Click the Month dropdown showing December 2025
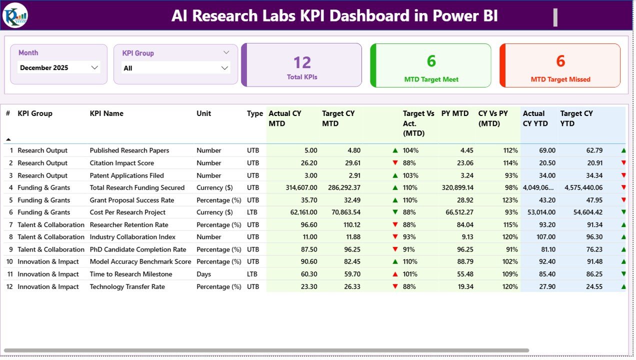[x=58, y=67]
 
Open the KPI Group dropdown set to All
[x=175, y=68]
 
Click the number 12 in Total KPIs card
[x=302, y=62]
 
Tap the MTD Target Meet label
[x=431, y=79]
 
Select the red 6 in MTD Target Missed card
[x=560, y=61]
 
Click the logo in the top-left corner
[x=15, y=15]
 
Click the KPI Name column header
[x=106, y=113]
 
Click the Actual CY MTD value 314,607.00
[x=294, y=187]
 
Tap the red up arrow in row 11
[x=395, y=274]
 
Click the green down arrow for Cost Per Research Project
[x=395, y=212]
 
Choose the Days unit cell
[x=203, y=274]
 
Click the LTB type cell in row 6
[x=252, y=212]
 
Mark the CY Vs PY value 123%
[x=510, y=200]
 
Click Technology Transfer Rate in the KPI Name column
[x=127, y=286]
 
